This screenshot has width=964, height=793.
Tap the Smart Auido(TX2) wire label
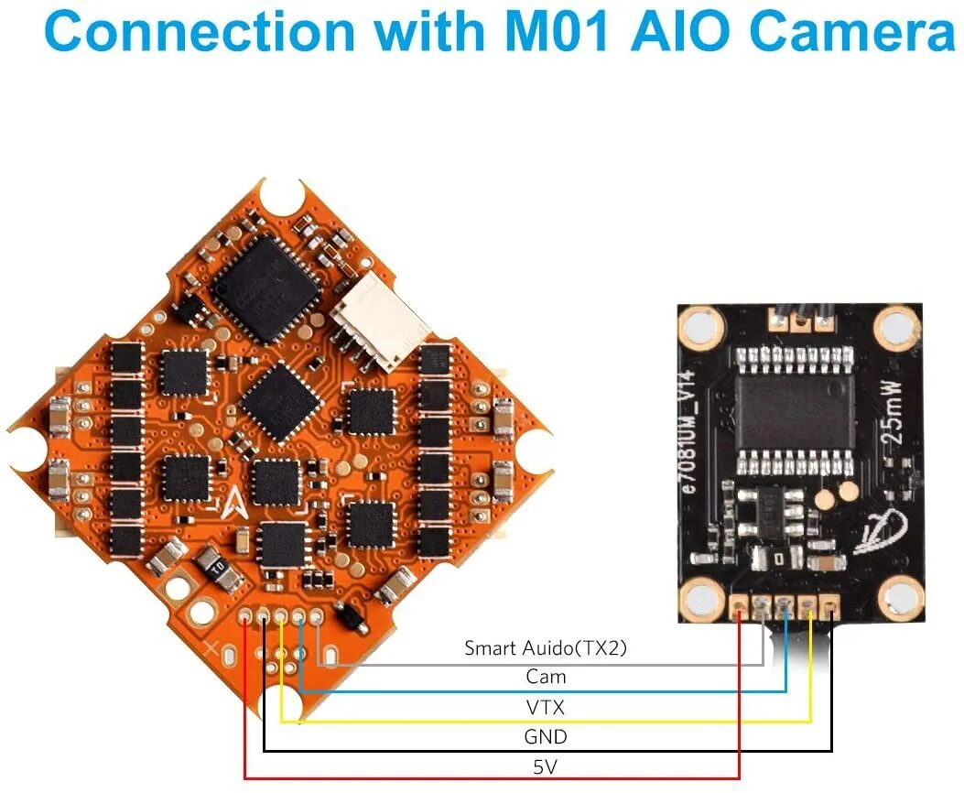(x=545, y=648)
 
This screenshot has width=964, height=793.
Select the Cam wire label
(x=546, y=678)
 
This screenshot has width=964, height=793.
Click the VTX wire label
(x=546, y=707)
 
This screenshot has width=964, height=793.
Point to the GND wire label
(x=546, y=736)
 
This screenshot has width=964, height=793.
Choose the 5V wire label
(x=546, y=766)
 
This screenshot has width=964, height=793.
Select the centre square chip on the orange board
(x=278, y=403)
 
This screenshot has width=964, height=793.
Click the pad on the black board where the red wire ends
(x=740, y=605)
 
